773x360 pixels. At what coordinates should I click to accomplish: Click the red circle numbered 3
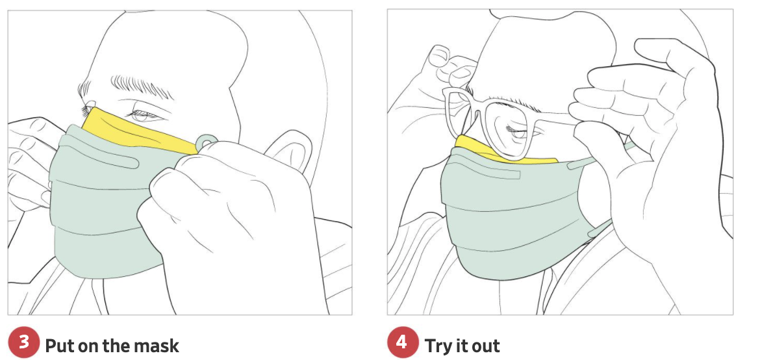(x=23, y=342)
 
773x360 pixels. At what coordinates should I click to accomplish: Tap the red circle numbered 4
(x=402, y=342)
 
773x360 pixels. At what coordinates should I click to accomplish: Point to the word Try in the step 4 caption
(x=438, y=346)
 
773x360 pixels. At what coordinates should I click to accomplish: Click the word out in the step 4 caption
(x=485, y=346)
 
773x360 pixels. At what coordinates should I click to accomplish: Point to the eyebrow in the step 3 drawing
(x=141, y=86)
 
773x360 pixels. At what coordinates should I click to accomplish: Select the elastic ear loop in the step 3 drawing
(x=206, y=142)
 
